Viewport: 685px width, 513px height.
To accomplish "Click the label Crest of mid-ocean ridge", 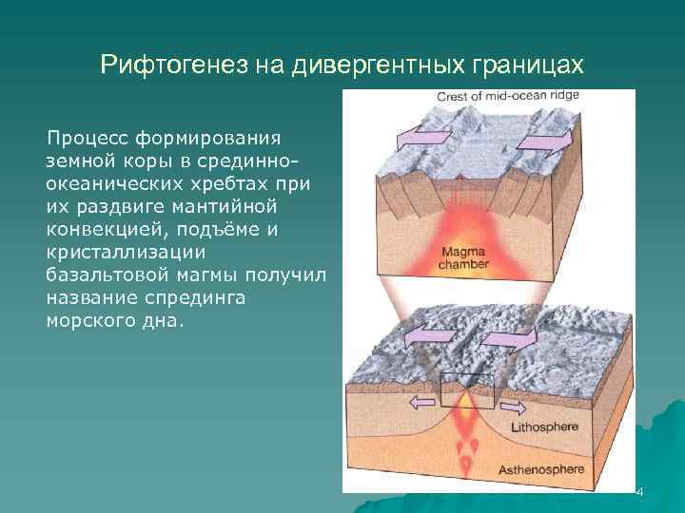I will point(507,96).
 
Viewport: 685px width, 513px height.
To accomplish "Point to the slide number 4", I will point(640,492).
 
